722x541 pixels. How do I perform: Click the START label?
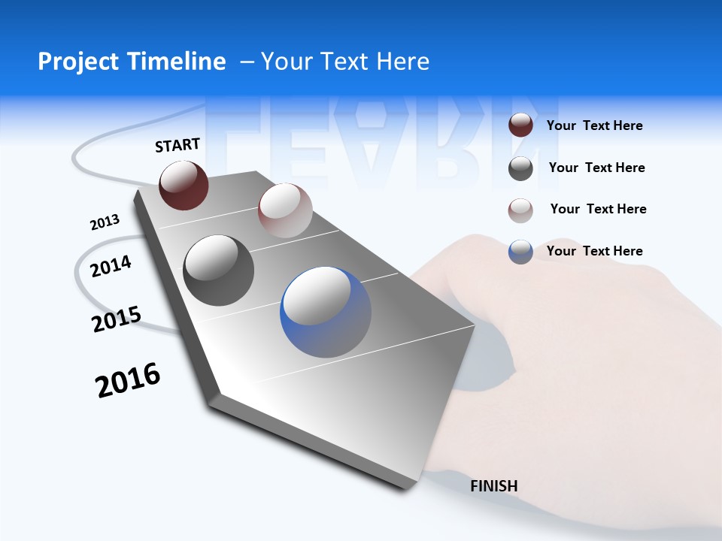(177, 145)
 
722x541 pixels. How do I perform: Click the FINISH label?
(494, 486)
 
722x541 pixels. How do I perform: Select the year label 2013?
(105, 222)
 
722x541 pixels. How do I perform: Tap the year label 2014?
(111, 266)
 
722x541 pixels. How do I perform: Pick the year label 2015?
(116, 319)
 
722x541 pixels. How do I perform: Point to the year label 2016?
(128, 380)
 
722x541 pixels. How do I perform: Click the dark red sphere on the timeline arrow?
(184, 185)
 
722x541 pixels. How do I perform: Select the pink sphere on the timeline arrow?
(285, 210)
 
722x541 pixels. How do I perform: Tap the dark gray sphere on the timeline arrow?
(218, 270)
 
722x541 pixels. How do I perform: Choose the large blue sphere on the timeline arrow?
(326, 312)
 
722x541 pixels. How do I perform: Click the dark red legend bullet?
(520, 125)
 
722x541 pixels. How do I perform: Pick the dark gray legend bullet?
(520, 168)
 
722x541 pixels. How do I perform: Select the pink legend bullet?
(520, 210)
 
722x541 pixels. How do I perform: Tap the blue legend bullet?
(520, 252)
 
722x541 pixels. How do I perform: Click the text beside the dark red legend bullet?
(594, 125)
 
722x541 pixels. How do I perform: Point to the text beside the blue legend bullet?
(594, 251)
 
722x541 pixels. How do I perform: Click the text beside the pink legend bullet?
(598, 209)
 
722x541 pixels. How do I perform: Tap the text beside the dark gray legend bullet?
(596, 168)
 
